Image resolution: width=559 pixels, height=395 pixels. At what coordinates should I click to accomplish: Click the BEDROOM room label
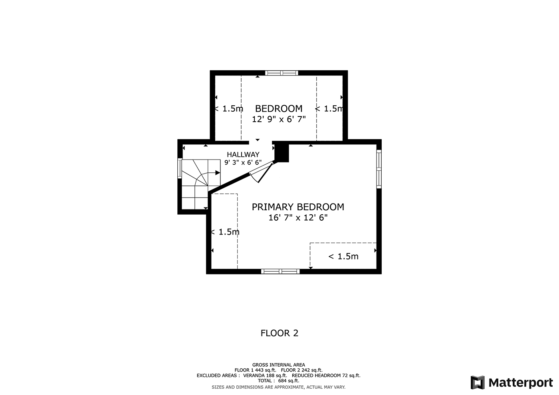pos(279,109)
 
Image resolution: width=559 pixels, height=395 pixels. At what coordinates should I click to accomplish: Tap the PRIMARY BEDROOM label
pos(298,207)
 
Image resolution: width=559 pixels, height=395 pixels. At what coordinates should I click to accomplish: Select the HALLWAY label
pos(243,154)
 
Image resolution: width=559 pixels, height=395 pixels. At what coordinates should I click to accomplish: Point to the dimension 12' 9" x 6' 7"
pos(279,119)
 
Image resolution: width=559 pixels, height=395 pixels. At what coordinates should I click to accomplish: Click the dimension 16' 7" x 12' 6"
pos(298,217)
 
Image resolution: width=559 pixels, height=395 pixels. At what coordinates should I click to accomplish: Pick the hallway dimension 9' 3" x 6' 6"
pos(243,162)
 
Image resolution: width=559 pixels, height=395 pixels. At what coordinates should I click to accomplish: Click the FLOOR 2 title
pos(279,333)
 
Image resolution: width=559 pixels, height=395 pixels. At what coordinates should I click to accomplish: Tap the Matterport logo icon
pos(478,383)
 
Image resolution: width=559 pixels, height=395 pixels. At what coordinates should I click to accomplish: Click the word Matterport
pos(521,383)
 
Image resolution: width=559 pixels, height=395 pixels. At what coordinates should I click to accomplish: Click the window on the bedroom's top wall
pos(281,73)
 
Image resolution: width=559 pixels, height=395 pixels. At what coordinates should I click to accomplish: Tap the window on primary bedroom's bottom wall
pos(280,271)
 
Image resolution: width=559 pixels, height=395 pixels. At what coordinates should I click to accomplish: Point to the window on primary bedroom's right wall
pos(379,169)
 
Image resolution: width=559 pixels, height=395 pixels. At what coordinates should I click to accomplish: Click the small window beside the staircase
pos(180,168)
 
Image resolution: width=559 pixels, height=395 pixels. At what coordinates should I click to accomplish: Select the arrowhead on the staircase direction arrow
pos(218,173)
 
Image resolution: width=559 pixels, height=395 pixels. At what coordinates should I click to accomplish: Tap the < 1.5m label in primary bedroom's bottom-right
pos(343,256)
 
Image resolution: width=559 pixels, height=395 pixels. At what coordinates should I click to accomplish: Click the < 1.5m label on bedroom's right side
pos(329,109)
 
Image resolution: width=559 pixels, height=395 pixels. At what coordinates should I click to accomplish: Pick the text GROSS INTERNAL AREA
pos(278,365)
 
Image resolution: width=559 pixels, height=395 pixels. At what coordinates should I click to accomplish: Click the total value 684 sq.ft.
pos(289,381)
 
